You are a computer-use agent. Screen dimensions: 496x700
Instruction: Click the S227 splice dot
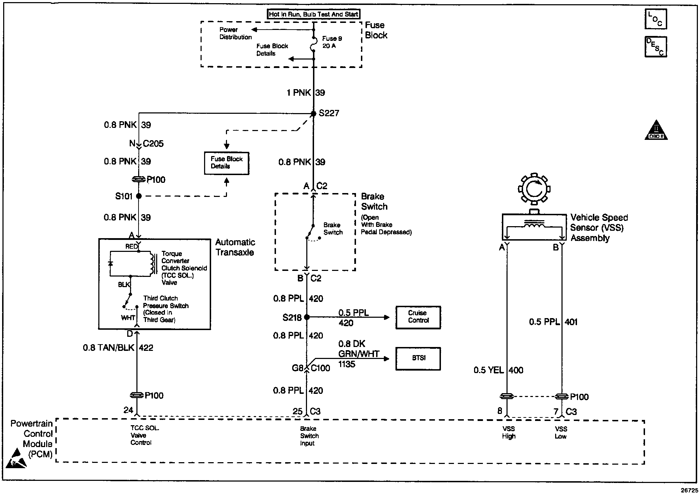click(313, 113)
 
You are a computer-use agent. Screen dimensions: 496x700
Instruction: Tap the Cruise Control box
click(418, 317)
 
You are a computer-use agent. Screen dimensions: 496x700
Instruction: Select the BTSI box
click(418, 359)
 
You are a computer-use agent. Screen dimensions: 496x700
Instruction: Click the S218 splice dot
click(307, 317)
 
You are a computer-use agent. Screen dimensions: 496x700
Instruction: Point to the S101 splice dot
click(139, 196)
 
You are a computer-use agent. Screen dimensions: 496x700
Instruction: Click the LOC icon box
click(656, 19)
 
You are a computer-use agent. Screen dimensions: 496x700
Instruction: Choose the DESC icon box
click(656, 47)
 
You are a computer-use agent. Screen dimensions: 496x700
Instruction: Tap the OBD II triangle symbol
click(656, 131)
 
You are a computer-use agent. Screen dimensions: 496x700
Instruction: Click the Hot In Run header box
click(313, 14)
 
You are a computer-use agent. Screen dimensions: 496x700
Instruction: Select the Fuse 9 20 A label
click(332, 42)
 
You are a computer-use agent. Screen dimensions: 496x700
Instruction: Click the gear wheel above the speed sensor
click(534, 189)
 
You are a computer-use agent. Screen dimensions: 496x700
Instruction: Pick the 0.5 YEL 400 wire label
click(498, 370)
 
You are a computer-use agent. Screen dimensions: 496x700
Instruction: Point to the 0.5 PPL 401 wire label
click(553, 322)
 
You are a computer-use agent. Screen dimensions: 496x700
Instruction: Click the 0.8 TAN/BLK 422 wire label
click(118, 348)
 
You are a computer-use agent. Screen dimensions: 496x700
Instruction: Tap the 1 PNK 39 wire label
click(306, 93)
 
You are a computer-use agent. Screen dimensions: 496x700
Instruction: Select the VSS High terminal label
click(508, 433)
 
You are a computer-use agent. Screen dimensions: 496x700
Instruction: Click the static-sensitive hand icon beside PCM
click(16, 459)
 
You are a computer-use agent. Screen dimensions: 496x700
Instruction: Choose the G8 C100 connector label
click(311, 368)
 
